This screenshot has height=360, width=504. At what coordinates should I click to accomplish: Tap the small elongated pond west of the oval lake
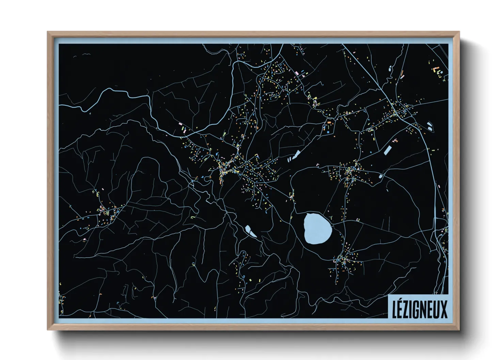pos(250,231)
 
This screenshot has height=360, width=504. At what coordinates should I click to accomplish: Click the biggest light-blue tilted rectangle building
pos(387,150)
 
